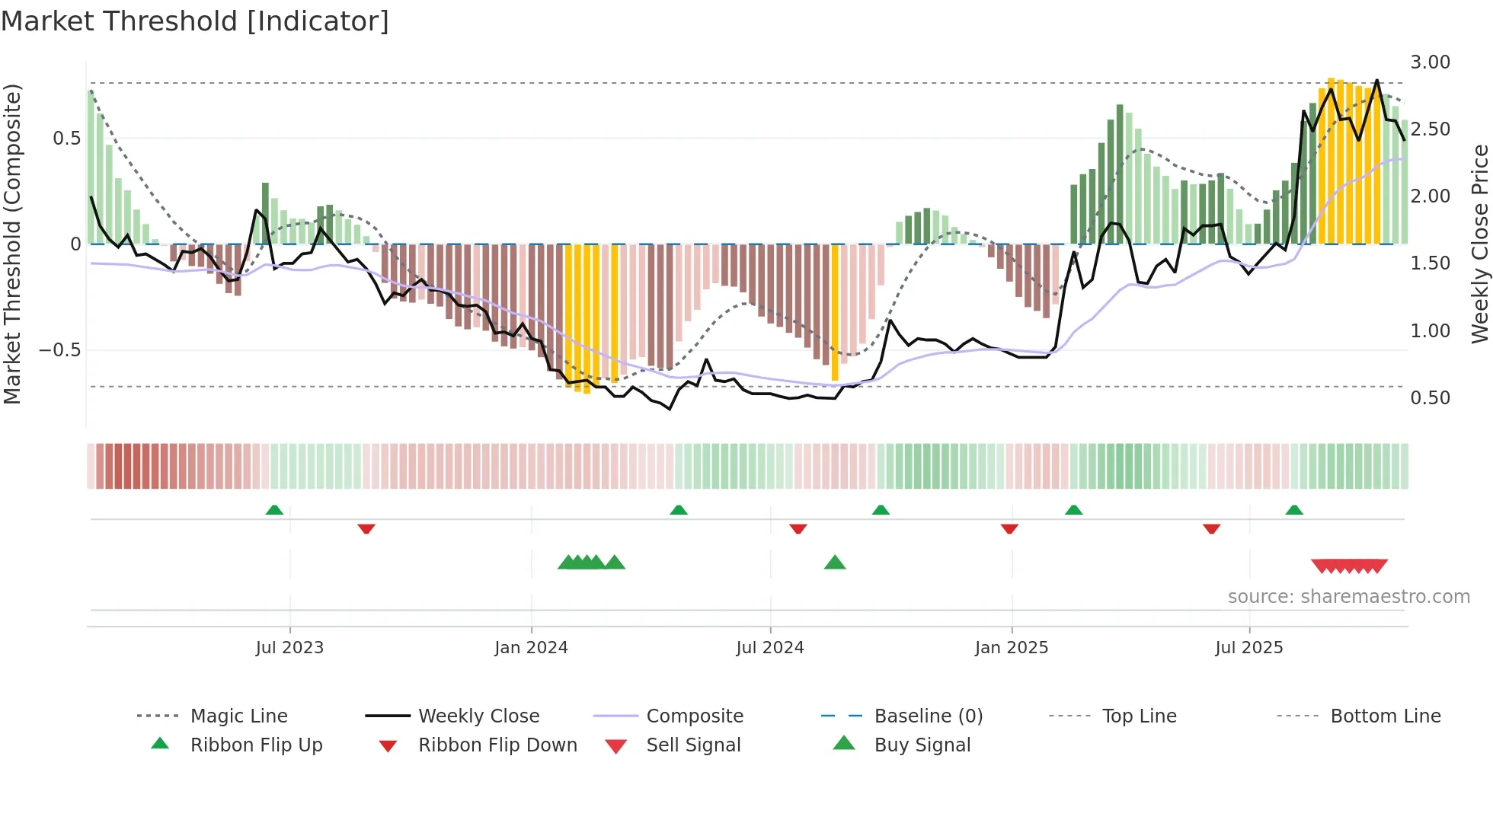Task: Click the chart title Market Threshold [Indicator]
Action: coord(195,21)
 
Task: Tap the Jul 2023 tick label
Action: coord(289,648)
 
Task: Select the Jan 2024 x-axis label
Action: coord(531,648)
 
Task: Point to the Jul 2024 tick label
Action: coord(769,648)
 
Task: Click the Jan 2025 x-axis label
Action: coord(1011,648)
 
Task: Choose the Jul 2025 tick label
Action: coord(1248,648)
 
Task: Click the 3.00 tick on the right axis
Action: coord(1430,62)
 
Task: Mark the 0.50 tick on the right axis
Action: coord(1430,398)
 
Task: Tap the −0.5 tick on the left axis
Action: coord(59,350)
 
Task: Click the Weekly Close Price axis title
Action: coord(1479,244)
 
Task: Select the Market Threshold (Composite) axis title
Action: coord(12,244)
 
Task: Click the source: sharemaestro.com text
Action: coord(1348,597)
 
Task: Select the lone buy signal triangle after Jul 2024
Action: coord(835,563)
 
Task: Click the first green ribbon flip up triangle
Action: coord(274,510)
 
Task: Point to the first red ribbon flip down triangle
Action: coord(366,528)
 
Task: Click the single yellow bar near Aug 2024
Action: coord(835,312)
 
